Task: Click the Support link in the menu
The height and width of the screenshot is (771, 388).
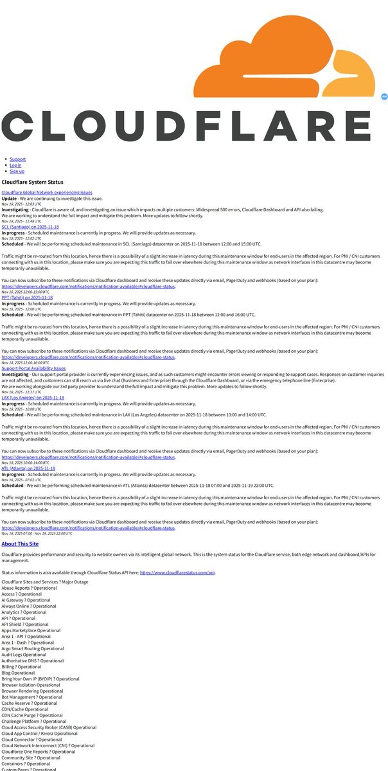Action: point(17,159)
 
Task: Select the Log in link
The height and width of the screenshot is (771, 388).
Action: point(15,165)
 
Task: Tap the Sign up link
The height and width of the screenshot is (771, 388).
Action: point(17,172)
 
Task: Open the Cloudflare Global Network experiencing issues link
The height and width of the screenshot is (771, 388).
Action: point(47,192)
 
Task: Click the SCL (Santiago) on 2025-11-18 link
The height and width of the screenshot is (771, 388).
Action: point(30,227)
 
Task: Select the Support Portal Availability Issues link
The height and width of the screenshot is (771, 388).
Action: point(33,368)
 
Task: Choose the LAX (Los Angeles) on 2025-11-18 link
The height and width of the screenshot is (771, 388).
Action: point(33,398)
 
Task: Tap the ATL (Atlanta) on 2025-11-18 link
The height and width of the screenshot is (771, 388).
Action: point(28,468)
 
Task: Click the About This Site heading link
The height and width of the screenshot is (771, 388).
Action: point(20,544)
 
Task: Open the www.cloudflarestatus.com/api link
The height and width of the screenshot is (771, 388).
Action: point(177,572)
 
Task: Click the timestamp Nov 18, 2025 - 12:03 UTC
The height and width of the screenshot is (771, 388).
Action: point(22,204)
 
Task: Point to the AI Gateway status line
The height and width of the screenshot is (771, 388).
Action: point(26,600)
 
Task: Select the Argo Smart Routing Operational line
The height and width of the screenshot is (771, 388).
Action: point(33,648)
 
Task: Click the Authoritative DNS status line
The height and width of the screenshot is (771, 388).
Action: point(33,660)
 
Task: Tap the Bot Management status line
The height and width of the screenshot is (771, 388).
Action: point(32,697)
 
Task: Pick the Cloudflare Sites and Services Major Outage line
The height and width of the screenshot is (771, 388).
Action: point(45,581)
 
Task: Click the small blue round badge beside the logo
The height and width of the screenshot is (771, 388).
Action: point(384,96)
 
